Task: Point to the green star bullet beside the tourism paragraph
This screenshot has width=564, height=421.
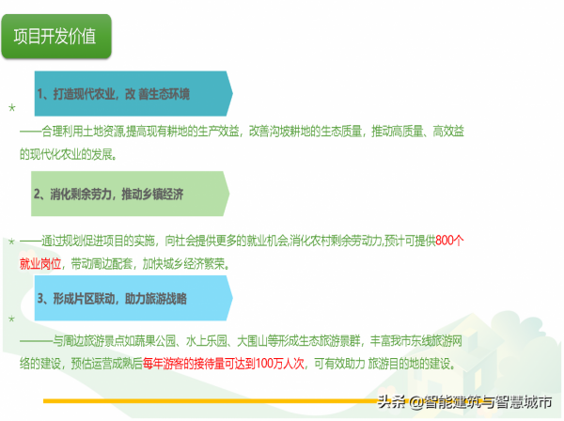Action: tap(11, 320)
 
